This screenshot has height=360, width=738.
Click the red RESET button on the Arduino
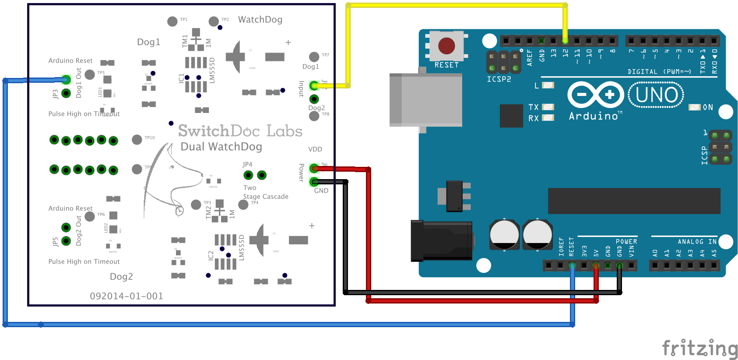pyautogui.click(x=446, y=46)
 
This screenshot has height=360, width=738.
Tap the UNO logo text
pyautogui.click(x=656, y=95)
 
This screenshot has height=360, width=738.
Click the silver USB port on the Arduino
pyautogui.click(x=425, y=100)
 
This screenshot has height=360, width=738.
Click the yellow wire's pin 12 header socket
pyautogui.click(x=565, y=41)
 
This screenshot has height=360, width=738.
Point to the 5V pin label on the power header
pyautogui.click(x=596, y=253)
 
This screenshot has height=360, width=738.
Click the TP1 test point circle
pyautogui.click(x=172, y=21)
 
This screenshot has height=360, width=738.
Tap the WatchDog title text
pyautogui.click(x=260, y=20)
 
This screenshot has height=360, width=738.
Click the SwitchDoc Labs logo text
pyautogui.click(x=240, y=131)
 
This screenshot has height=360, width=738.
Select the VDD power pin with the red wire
pyautogui.click(x=314, y=168)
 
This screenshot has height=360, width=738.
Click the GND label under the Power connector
pyautogui.click(x=321, y=191)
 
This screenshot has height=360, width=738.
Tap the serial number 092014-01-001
pyautogui.click(x=127, y=296)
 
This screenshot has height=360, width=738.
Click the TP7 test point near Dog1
pyautogui.click(x=314, y=57)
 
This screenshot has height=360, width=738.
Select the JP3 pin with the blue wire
pyautogui.click(x=66, y=80)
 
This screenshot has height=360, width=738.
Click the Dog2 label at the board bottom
pyautogui.click(x=121, y=277)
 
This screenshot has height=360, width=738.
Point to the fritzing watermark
pyautogui.click(x=699, y=349)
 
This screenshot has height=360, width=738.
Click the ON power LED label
pyautogui.click(x=707, y=107)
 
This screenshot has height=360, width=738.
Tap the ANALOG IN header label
pyautogui.click(x=697, y=242)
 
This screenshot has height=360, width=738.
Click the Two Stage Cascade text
pyautogui.click(x=265, y=192)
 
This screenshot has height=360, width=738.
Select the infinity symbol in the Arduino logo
pyautogui.click(x=595, y=95)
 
